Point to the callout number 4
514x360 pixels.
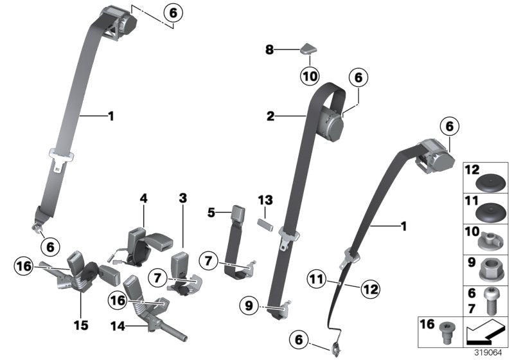pyautogui.click(x=143, y=199)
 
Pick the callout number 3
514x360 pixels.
pyautogui.click(x=182, y=199)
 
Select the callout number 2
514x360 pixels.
pyautogui.click(x=270, y=116)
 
